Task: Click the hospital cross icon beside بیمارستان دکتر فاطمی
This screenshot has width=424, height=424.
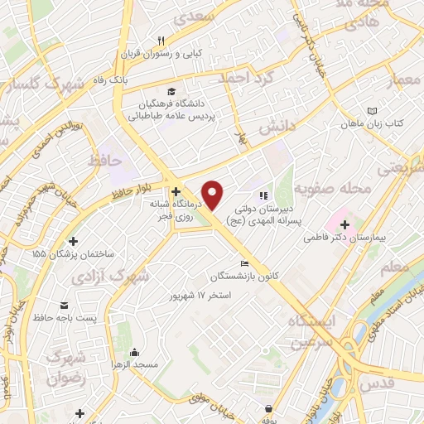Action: click(343, 224)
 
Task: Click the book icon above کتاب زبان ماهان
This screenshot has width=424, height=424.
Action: click(372, 110)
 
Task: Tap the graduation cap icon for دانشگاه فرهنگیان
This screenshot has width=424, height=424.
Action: click(171, 92)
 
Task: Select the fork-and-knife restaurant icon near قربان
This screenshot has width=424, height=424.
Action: click(162, 40)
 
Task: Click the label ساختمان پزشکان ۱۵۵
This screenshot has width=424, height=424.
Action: click(74, 255)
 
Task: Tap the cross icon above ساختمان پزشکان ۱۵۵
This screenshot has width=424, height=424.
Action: click(74, 242)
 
